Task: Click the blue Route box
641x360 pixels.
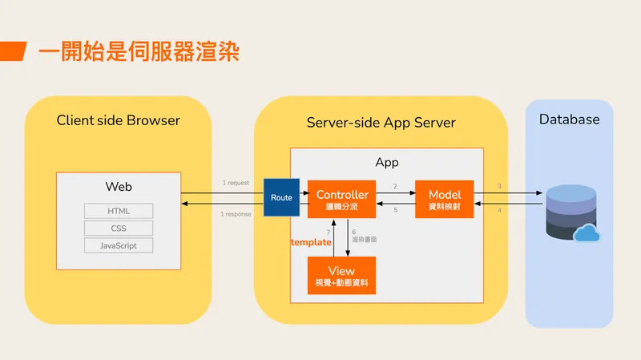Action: pyautogui.click(x=281, y=197)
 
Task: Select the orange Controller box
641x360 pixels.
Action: pyautogui.click(x=342, y=200)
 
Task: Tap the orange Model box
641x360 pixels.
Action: pyautogui.click(x=445, y=200)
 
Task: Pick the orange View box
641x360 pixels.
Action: pyautogui.click(x=342, y=276)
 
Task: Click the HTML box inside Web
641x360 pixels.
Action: pyautogui.click(x=119, y=212)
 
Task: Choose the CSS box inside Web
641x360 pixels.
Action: pyautogui.click(x=119, y=229)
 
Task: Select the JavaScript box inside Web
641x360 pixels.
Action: pyautogui.click(x=119, y=245)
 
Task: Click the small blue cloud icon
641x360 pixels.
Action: pyautogui.click(x=587, y=233)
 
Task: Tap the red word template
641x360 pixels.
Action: pyautogui.click(x=311, y=241)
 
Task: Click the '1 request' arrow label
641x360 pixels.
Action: pyautogui.click(x=236, y=183)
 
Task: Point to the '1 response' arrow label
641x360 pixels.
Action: pyautogui.click(x=236, y=214)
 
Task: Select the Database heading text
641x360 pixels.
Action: pyautogui.click(x=569, y=119)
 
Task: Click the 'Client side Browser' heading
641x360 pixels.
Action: pyautogui.click(x=118, y=120)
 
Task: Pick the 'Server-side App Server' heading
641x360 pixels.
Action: pyautogui.click(x=381, y=123)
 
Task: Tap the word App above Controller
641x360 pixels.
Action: pyautogui.click(x=387, y=163)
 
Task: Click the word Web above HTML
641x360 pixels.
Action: pyautogui.click(x=119, y=187)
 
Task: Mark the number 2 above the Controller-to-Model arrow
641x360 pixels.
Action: pyautogui.click(x=394, y=186)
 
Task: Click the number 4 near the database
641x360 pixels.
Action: pyautogui.click(x=499, y=211)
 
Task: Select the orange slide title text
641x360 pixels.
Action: pyautogui.click(x=139, y=53)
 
